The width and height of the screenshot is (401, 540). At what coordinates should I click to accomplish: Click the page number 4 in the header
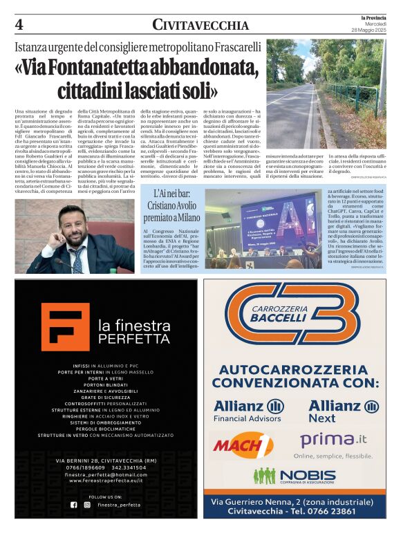(19, 25)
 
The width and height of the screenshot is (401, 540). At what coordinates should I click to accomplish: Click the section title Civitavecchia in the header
(200, 26)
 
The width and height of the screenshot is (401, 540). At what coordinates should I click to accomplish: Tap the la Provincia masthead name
(371, 17)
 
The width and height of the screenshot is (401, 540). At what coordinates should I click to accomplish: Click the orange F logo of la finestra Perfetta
(64, 327)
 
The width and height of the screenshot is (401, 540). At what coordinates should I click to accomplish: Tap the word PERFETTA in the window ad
(124, 339)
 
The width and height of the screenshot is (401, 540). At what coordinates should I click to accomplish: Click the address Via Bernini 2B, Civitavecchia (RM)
(101, 460)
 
